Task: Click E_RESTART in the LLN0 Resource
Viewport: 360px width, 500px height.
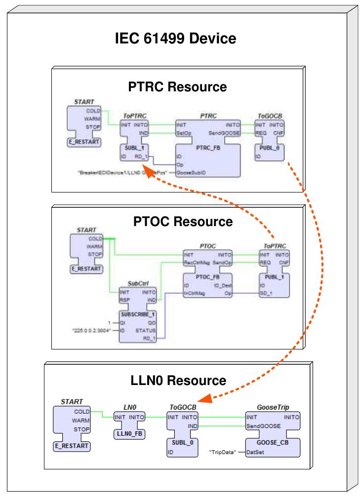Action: [71, 445]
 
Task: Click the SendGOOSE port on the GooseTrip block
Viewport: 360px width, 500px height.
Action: [264, 425]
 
